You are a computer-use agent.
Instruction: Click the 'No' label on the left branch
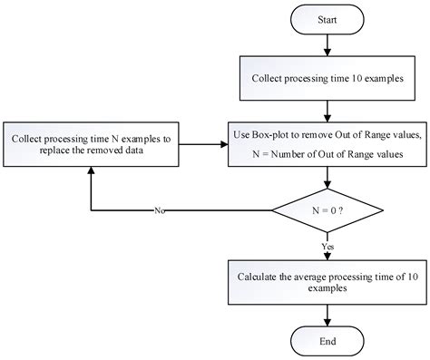[161, 210]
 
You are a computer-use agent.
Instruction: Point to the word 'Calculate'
[261, 274]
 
